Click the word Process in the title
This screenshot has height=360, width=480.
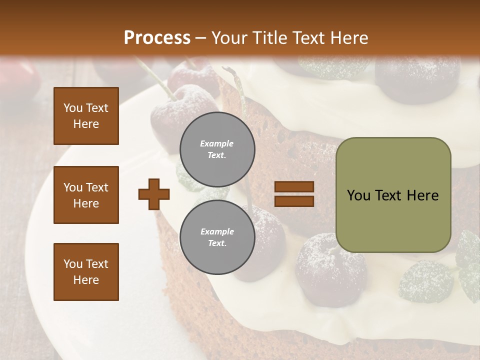click(157, 38)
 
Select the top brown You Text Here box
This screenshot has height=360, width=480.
click(86, 116)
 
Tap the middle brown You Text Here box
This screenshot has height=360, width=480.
click(86, 195)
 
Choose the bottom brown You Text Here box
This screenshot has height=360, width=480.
click(86, 272)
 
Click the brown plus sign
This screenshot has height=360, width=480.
click(154, 194)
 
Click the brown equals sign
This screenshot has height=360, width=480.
click(294, 194)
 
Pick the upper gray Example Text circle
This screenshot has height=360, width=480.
click(217, 149)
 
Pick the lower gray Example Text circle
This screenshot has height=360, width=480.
click(217, 237)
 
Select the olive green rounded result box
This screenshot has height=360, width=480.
click(393, 195)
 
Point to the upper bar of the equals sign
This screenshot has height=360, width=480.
click(294, 187)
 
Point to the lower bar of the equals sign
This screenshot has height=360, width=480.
click(294, 201)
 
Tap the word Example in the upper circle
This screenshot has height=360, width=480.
click(217, 143)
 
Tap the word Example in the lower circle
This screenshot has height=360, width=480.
click(217, 231)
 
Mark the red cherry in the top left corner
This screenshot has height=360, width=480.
click(20, 80)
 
